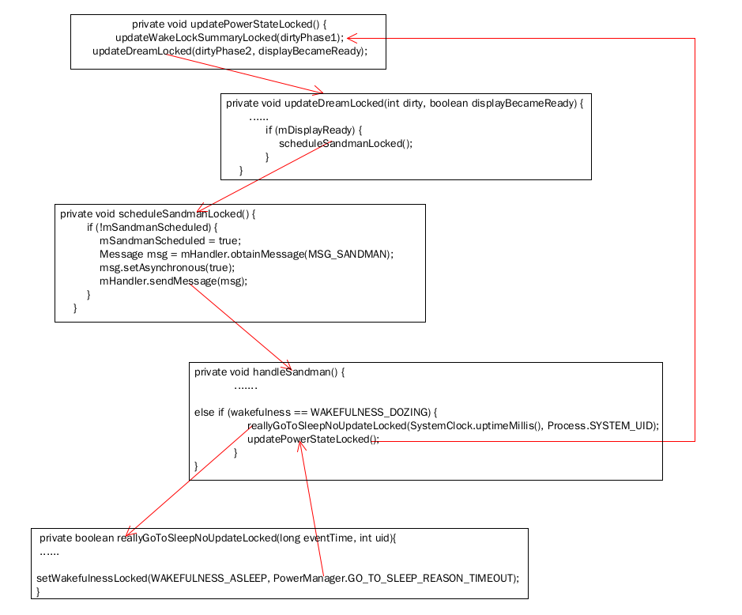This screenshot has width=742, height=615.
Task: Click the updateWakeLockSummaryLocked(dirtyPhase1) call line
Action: pos(229,38)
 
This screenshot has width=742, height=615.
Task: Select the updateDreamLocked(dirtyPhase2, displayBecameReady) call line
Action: pos(230,51)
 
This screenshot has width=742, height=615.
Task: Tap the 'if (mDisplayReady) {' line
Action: pos(313,130)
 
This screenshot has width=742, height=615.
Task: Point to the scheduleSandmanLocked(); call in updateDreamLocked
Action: pos(345,143)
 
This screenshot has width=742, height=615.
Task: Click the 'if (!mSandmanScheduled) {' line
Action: pos(152,227)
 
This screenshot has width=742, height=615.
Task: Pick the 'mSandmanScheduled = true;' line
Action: pos(170,240)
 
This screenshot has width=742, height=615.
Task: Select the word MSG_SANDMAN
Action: pos(348,255)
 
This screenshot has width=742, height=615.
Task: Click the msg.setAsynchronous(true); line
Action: pos(167,267)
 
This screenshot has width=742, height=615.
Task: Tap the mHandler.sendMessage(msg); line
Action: pos(173,281)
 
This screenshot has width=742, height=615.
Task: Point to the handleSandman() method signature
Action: pos(269,372)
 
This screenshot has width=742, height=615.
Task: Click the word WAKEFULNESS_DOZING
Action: pos(370,413)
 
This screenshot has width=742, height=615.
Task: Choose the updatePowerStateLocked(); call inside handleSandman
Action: pos(313,440)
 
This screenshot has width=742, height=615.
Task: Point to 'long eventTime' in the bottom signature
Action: pos(316,538)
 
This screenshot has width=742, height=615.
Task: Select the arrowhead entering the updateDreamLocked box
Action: pos(318,90)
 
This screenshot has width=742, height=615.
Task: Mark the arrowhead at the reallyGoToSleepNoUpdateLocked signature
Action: pos(130,532)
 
